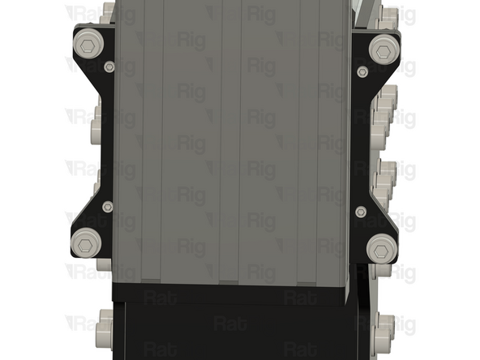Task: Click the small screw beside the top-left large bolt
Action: tap(109, 66)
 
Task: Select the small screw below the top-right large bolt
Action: tap(362, 72)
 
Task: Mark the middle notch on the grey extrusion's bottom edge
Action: tap(229, 281)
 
